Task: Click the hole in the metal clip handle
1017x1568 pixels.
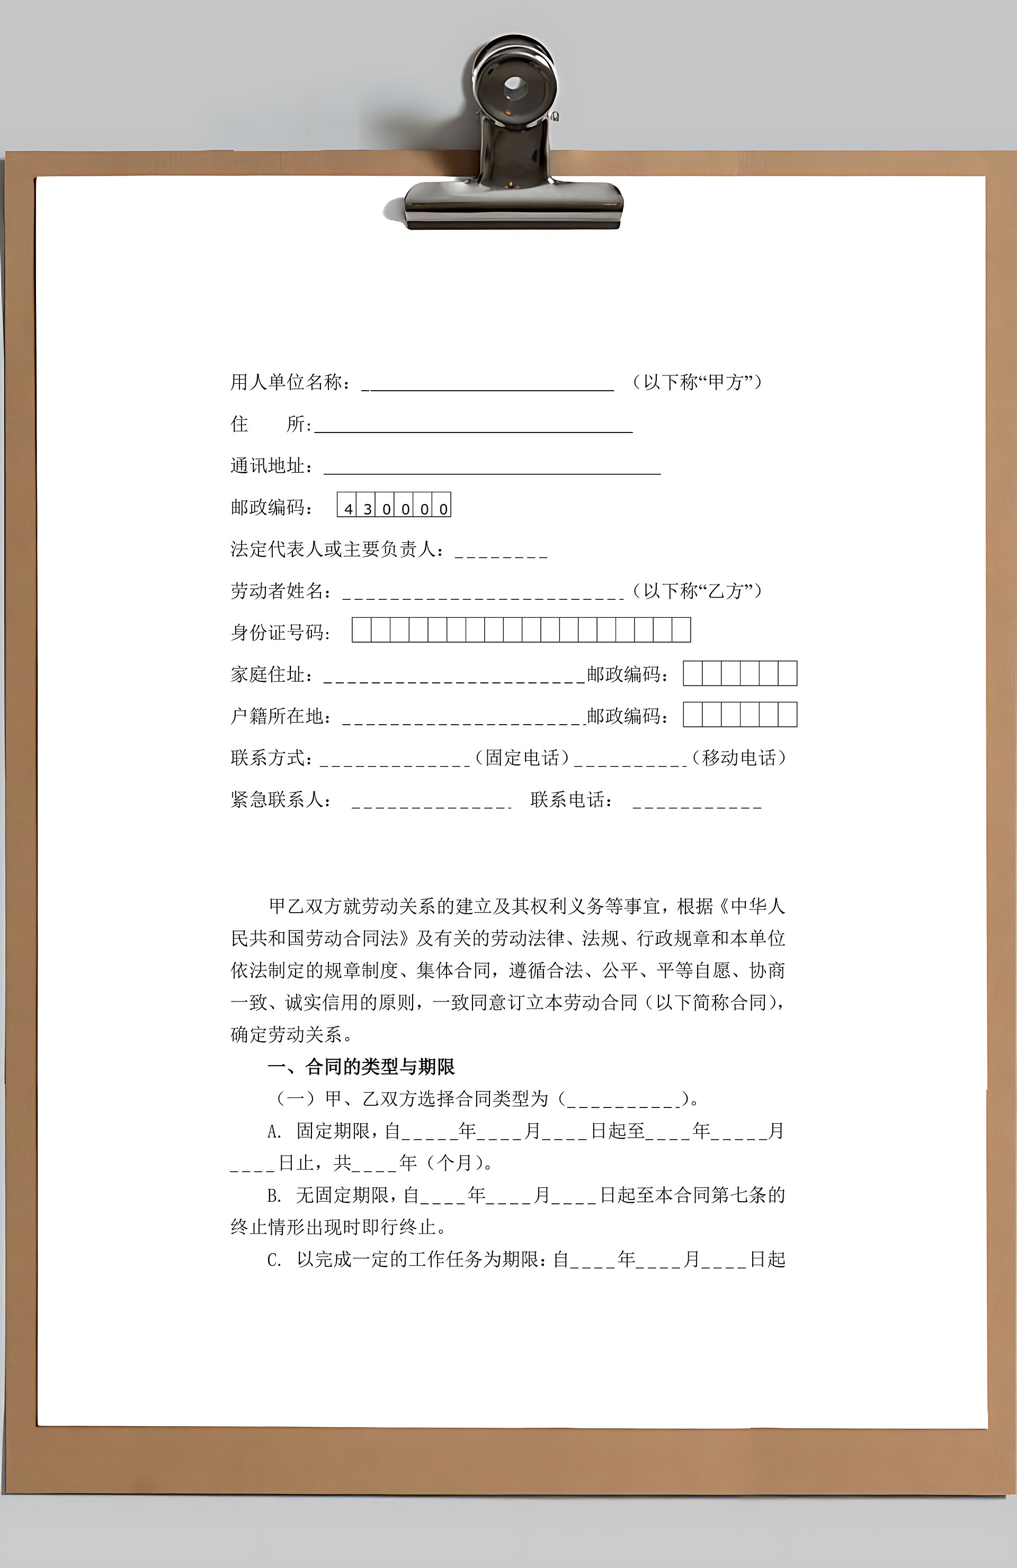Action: (515, 86)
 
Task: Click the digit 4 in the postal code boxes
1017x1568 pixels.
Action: (348, 509)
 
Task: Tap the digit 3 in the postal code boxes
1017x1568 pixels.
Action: (367, 509)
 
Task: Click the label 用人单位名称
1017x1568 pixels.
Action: (287, 382)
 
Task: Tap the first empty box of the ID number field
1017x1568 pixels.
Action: (362, 630)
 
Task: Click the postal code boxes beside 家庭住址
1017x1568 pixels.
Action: (739, 673)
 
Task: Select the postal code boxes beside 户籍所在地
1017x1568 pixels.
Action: (739, 715)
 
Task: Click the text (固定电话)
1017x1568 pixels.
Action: (522, 758)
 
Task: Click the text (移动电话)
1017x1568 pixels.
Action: (739, 758)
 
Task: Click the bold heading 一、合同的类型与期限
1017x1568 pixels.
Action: (361, 1067)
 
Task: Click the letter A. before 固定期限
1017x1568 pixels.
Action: (274, 1132)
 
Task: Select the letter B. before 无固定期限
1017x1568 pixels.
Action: (274, 1196)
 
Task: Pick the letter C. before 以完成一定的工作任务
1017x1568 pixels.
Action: (274, 1260)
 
